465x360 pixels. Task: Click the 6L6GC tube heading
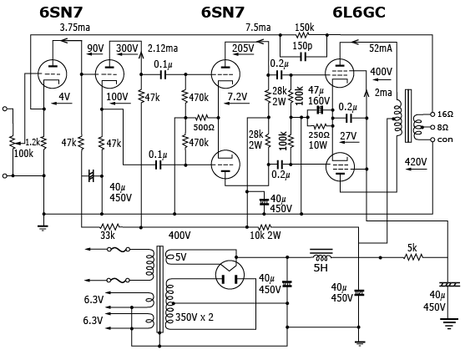[359, 13]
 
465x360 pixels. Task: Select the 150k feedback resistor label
[304, 28]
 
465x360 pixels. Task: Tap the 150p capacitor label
[302, 46]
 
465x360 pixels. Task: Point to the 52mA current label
[381, 48]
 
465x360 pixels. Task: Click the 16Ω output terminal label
[445, 114]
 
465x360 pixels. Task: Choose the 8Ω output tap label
[442, 127]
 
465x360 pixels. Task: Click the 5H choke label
[321, 268]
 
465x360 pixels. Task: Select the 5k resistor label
[412, 248]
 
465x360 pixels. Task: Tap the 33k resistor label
[108, 236]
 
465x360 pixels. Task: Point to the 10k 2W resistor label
[265, 236]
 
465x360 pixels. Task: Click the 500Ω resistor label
[204, 127]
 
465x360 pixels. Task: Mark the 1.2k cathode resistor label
[33, 142]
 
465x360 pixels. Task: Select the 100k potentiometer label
[23, 154]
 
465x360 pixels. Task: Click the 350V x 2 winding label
[195, 317]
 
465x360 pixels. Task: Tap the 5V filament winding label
[181, 257]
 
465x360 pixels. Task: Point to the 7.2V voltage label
[238, 96]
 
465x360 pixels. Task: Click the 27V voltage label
[348, 136]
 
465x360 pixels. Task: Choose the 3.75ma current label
[75, 28]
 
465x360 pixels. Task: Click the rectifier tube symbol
[230, 275]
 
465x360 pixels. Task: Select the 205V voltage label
[243, 48]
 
